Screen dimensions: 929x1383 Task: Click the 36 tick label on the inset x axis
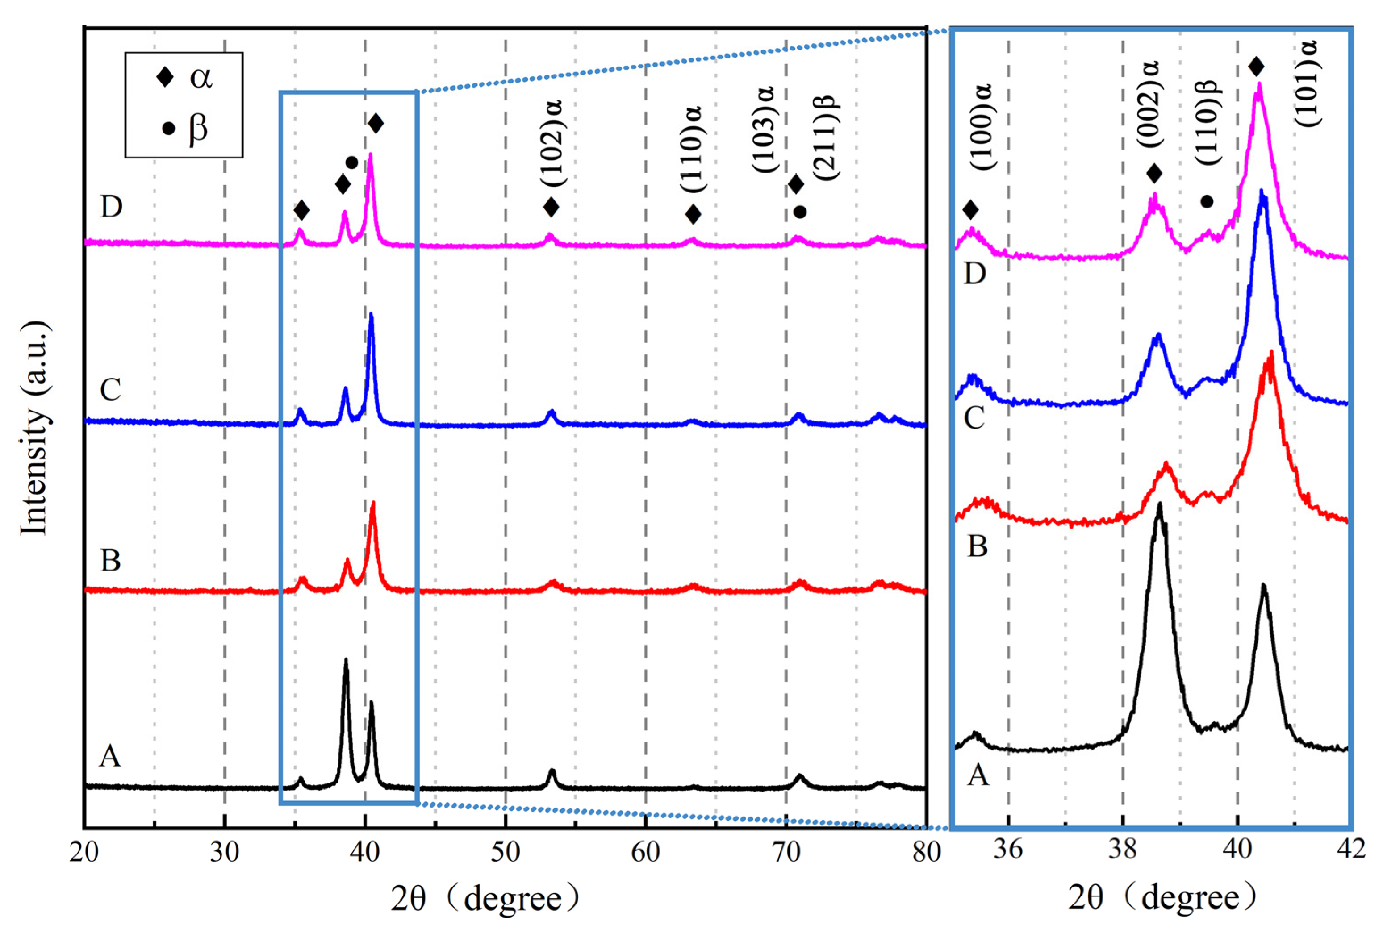coord(1008,850)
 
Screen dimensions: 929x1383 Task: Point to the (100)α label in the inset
coord(984,126)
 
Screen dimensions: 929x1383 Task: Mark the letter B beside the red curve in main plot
coord(111,560)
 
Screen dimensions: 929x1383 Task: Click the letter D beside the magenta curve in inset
coord(975,274)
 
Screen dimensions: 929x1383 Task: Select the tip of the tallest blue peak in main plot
coord(371,314)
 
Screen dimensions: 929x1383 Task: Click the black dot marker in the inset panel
coord(1207,202)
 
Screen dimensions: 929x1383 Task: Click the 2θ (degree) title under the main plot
coord(485,899)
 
